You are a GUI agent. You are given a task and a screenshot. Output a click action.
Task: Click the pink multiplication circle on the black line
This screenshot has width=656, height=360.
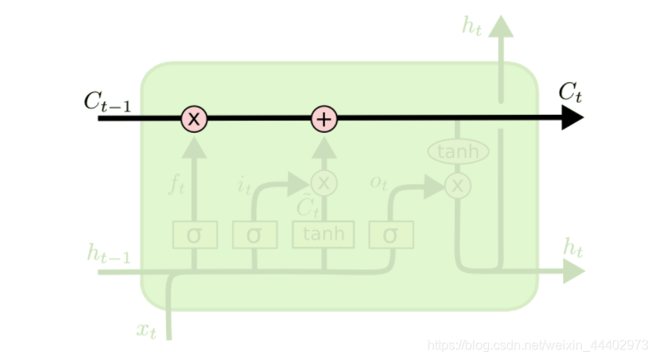coord(194,119)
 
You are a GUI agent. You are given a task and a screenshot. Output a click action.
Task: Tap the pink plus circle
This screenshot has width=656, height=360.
coord(324,119)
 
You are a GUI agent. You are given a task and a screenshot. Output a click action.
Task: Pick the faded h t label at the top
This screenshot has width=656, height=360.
coord(472,26)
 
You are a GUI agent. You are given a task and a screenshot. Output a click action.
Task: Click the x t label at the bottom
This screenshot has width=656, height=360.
coord(147,330)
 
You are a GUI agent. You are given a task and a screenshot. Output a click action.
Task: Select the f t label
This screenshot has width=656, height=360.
coord(177,186)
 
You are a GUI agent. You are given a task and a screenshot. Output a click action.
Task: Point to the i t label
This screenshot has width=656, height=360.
coord(244,186)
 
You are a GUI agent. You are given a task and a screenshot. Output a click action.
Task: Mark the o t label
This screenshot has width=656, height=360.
coord(378,182)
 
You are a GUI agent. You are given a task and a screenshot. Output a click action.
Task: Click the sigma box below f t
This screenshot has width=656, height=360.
coord(194,235)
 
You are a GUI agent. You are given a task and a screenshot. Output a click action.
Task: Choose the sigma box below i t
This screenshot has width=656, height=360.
coord(254,235)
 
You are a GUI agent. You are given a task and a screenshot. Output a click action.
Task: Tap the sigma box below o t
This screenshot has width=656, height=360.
coord(390,235)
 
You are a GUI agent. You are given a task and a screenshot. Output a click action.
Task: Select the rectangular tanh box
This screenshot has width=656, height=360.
coord(324,235)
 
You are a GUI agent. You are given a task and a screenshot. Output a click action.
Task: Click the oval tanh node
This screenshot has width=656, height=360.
coord(458,151)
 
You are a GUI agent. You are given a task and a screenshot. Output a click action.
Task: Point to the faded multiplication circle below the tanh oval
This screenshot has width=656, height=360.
coord(458,186)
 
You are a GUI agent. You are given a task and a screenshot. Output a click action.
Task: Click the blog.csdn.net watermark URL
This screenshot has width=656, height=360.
coord(538,346)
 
